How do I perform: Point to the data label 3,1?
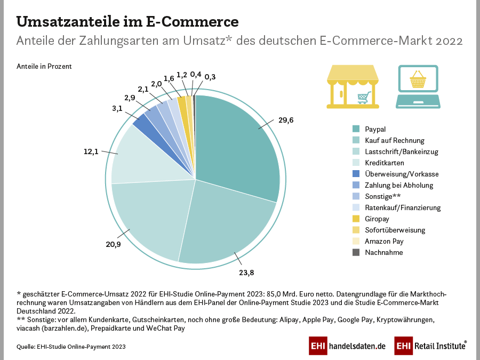click(117, 108)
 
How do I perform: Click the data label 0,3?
click(210, 77)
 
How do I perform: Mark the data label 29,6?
click(285, 121)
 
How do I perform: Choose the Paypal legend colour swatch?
click(356, 129)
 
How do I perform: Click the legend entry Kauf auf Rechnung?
click(395, 140)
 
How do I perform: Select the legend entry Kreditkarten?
click(384, 163)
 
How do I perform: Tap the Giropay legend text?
click(378, 219)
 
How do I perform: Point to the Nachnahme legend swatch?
click(356, 252)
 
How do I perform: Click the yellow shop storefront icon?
click(353, 87)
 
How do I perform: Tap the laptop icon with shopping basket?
click(418, 87)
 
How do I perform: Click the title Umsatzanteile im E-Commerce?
click(127, 22)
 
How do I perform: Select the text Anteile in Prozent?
click(44, 67)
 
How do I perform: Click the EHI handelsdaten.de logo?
click(347, 346)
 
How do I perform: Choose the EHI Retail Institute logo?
click(430, 346)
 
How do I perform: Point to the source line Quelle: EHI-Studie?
click(71, 347)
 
